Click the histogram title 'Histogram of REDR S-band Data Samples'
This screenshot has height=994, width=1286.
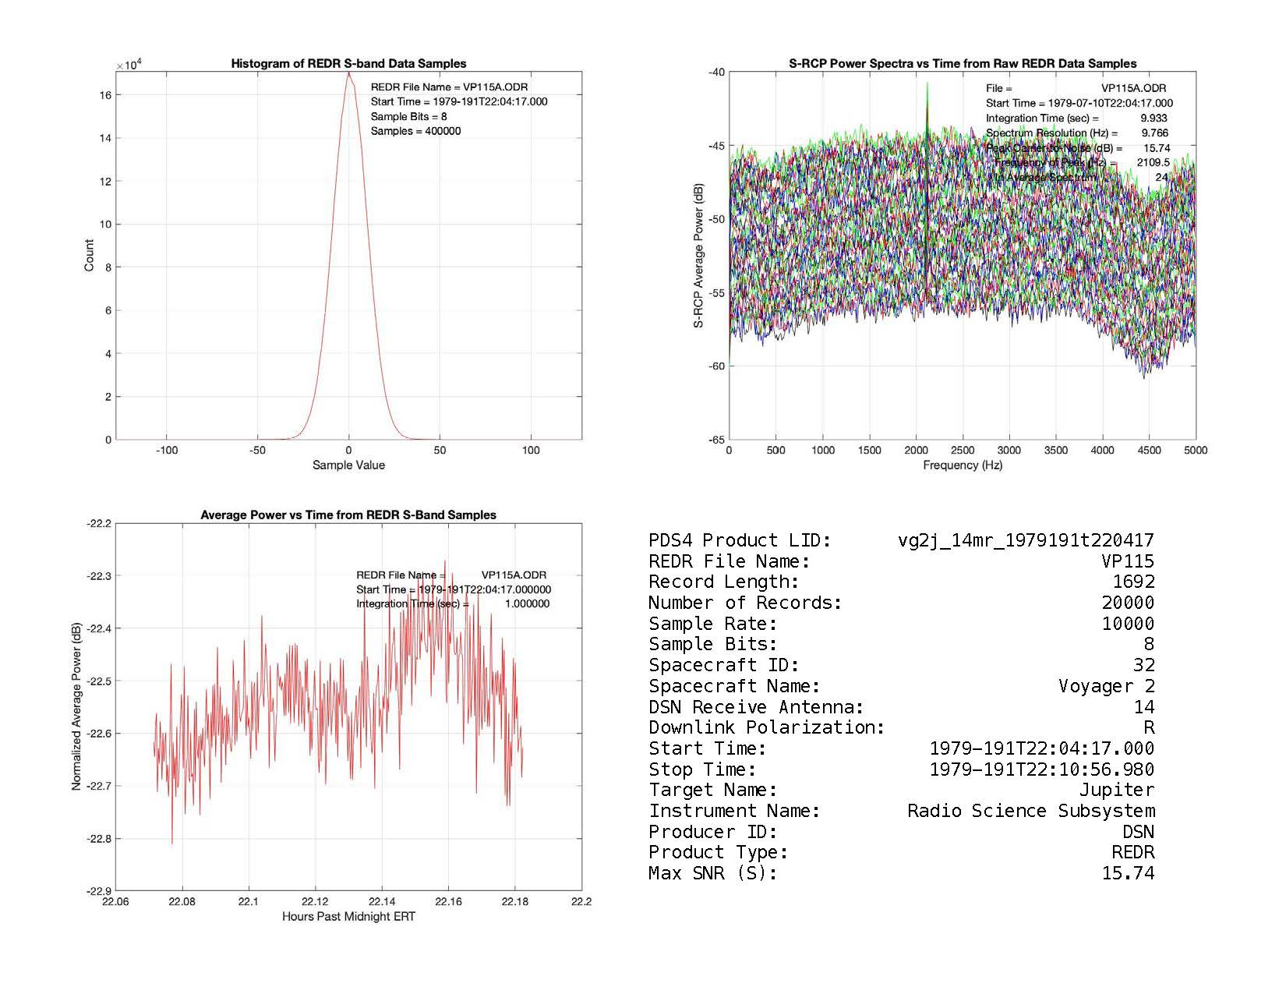(x=348, y=64)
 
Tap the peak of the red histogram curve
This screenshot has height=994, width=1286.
(x=348, y=73)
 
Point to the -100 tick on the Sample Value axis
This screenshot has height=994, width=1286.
(x=167, y=450)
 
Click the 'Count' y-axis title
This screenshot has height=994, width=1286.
(x=89, y=256)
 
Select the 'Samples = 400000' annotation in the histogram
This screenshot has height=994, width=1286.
(x=415, y=131)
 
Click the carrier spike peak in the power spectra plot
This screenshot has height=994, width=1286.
(x=927, y=84)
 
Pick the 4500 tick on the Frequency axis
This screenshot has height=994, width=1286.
(x=1149, y=450)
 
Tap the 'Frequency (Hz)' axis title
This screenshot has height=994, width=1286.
(x=963, y=465)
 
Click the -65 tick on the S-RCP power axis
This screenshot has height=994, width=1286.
(x=715, y=440)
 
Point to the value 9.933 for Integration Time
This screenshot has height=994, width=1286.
(x=1154, y=118)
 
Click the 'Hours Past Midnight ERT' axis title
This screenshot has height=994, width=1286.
(x=348, y=916)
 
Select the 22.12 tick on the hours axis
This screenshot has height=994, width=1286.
(x=315, y=901)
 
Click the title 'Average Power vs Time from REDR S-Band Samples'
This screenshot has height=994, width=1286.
(x=348, y=515)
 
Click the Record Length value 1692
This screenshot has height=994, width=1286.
(x=1133, y=582)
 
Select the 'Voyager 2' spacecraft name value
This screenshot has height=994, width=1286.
(x=1106, y=686)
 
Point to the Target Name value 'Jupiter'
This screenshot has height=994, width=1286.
(x=1116, y=790)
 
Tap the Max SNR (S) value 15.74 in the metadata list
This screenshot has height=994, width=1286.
(x=1127, y=873)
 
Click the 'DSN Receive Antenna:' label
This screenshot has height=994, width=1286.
(x=756, y=707)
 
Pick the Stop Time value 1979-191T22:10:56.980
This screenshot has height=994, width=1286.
(x=1041, y=769)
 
